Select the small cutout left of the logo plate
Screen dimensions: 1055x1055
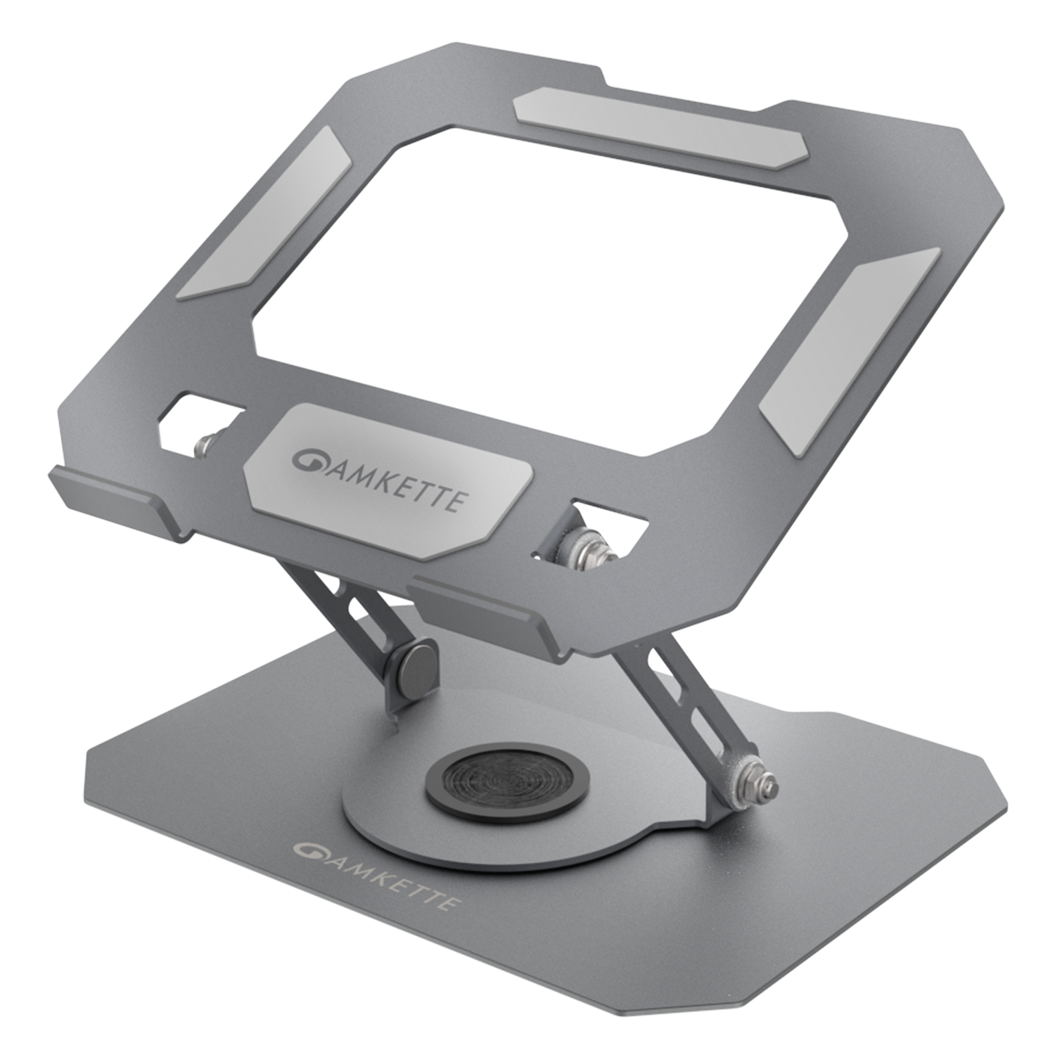pos(197,422)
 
